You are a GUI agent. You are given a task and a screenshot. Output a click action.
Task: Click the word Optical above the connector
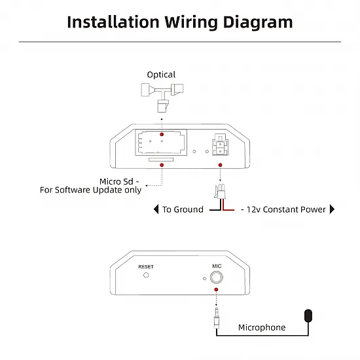click(161, 75)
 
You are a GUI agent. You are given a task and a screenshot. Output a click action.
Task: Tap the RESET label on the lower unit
click(146, 266)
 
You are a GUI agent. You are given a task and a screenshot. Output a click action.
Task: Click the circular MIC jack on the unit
click(216, 277)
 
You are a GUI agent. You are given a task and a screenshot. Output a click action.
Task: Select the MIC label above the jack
click(217, 266)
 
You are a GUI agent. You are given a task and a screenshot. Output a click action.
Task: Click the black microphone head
click(308, 315)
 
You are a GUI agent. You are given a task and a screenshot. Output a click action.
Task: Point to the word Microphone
click(262, 327)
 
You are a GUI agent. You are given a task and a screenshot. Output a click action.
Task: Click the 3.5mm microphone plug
click(216, 319)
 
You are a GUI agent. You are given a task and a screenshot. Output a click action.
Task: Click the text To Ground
click(183, 209)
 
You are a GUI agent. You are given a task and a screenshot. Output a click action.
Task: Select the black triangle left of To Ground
click(156, 209)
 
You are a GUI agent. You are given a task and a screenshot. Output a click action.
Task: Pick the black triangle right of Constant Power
click(332, 209)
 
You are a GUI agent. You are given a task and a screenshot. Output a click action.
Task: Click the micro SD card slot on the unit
click(161, 160)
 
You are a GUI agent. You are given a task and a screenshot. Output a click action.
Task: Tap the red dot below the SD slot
click(162, 165)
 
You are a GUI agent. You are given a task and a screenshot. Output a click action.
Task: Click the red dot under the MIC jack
click(216, 290)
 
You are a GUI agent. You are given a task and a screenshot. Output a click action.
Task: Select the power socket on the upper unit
click(220, 145)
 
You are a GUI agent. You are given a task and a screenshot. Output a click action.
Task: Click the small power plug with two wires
click(220, 192)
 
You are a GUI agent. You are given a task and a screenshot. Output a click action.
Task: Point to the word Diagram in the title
click(258, 22)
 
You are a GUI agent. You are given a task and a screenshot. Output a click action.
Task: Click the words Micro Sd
click(117, 181)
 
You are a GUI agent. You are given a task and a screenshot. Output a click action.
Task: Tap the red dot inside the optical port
click(162, 134)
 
